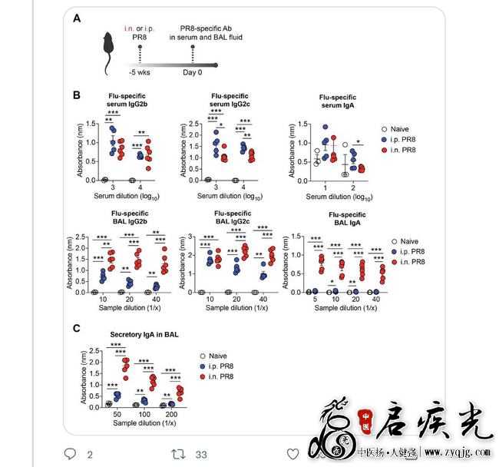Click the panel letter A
tap(78, 18)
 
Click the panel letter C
tap(78, 328)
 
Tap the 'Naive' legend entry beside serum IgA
tap(401, 129)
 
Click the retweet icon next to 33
tap(176, 454)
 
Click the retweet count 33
tap(201, 454)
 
